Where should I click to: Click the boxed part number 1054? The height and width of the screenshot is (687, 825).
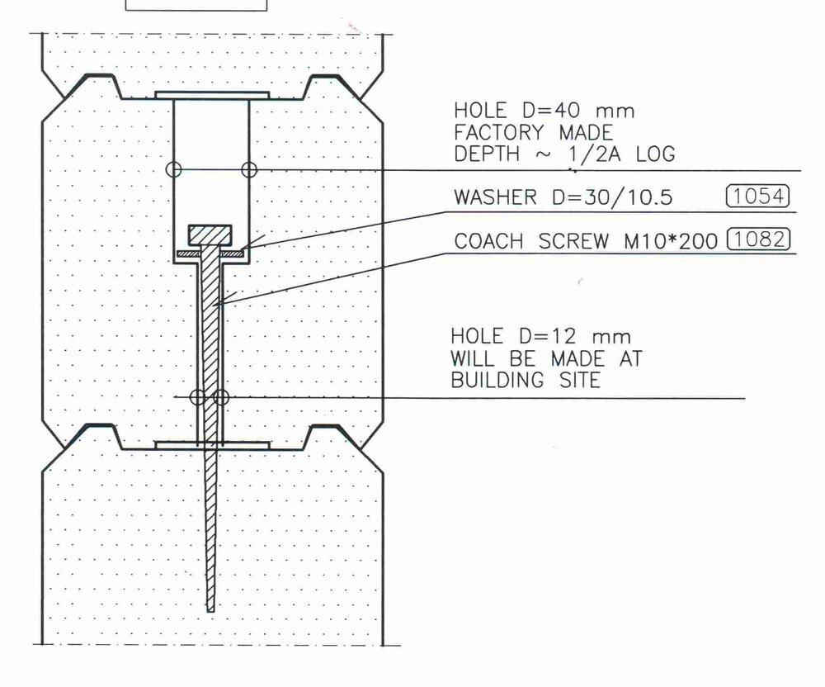tap(757, 196)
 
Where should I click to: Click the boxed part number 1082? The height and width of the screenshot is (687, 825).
tap(758, 239)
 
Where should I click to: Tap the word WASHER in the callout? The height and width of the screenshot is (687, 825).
tap(495, 197)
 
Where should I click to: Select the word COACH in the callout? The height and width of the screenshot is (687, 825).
tap(488, 241)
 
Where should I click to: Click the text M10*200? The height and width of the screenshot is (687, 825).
tap(671, 241)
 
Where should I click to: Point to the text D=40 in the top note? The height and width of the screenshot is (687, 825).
tap(551, 111)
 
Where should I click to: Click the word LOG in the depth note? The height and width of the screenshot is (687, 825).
tap(656, 154)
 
